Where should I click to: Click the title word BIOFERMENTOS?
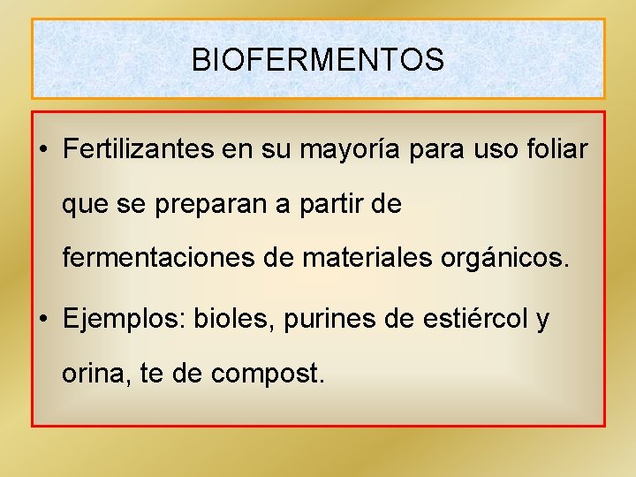[318, 60]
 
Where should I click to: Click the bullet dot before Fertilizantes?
[43, 151]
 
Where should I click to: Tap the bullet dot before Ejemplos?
[43, 319]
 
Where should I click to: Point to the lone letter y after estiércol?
[542, 320]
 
